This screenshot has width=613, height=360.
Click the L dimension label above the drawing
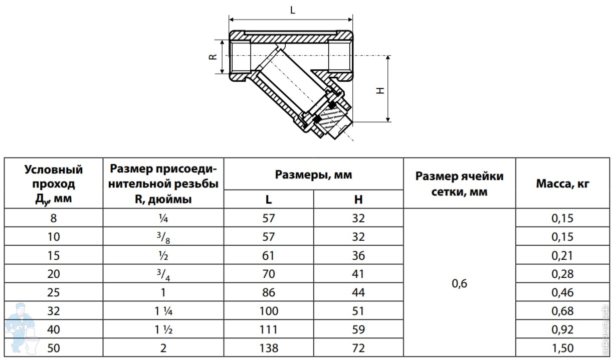pos(293,11)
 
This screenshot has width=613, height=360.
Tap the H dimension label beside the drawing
pos(380,91)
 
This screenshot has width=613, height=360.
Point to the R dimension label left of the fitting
pos(213,57)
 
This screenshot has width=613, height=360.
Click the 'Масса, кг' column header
pos(562,184)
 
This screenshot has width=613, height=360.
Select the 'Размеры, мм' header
pos(313,174)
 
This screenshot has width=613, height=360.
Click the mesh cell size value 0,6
pos(459,283)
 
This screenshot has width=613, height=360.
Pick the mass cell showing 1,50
pos(562,348)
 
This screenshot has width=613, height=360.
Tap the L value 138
pos(269,348)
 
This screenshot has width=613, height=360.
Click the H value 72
pos(358,348)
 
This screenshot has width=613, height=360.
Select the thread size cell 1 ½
pos(163,329)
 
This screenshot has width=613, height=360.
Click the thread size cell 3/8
pos(163,237)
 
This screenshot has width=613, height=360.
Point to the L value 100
pos(269,311)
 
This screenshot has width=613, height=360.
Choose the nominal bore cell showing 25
pos(53,292)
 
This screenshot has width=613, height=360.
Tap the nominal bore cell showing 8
pos(53,218)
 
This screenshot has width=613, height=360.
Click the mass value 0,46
pos(562,292)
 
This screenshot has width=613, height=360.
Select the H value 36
pos(358,255)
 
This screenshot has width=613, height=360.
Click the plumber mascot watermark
pos(22,328)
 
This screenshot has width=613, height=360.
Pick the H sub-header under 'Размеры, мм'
pos(358,199)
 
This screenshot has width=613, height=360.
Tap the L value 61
pos(268,255)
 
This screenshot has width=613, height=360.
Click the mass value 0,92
pos(562,329)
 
